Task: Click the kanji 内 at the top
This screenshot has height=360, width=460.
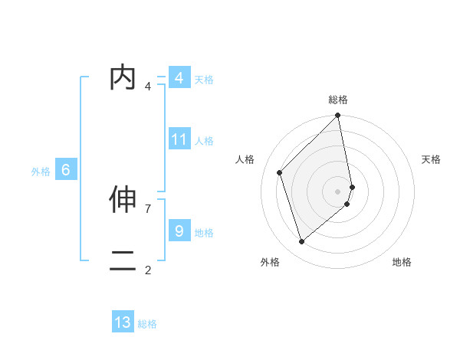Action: click(123, 78)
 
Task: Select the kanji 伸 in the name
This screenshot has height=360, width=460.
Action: click(123, 200)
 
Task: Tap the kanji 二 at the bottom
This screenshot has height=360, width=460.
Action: click(123, 260)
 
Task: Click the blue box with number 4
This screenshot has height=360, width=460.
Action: click(179, 78)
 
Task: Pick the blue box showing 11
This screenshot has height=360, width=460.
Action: click(179, 139)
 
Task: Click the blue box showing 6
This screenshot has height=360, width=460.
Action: click(66, 170)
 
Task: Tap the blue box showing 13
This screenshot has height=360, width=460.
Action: click(123, 322)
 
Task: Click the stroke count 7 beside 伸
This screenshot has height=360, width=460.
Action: click(148, 208)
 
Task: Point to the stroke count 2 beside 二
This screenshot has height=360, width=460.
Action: click(148, 270)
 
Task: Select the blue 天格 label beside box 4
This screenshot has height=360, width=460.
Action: click(204, 80)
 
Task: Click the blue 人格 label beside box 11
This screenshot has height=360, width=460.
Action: click(204, 141)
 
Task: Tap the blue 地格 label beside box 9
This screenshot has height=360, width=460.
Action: click(204, 232)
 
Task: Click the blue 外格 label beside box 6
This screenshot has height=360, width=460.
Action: click(41, 172)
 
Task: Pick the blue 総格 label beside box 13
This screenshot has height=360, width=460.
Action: click(147, 324)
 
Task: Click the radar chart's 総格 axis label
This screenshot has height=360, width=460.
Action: click(338, 100)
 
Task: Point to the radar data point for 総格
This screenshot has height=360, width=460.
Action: click(338, 116)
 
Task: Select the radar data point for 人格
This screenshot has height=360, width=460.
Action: click(280, 172)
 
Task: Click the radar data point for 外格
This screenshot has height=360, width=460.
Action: click(301, 242)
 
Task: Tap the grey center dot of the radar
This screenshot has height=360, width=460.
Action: click(338, 191)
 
